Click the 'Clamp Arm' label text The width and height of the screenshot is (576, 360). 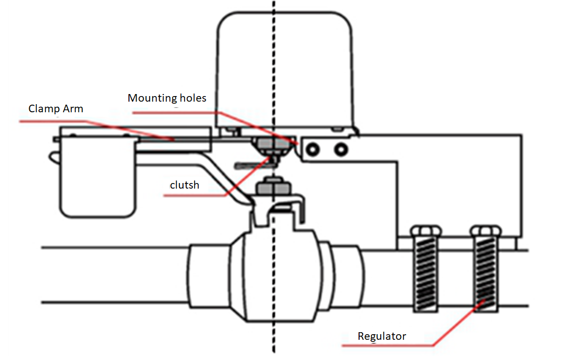pos(56,109)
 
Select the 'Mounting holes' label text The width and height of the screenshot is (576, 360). pos(167,98)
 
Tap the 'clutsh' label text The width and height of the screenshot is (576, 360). pos(185,185)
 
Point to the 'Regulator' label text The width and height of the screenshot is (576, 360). pos(382,336)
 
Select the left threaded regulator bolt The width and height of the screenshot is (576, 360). pos(427,273)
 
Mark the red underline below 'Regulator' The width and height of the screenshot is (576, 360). pos(387,345)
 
